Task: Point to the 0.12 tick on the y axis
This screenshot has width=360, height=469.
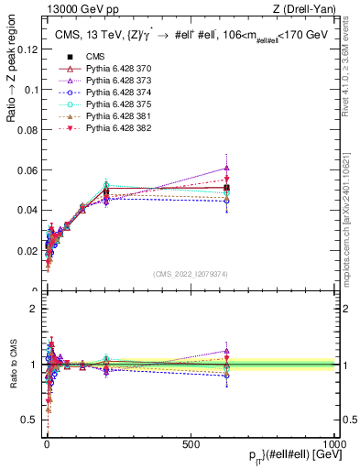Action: point(26,50)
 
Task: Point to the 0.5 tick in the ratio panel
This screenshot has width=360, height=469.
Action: point(29,420)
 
